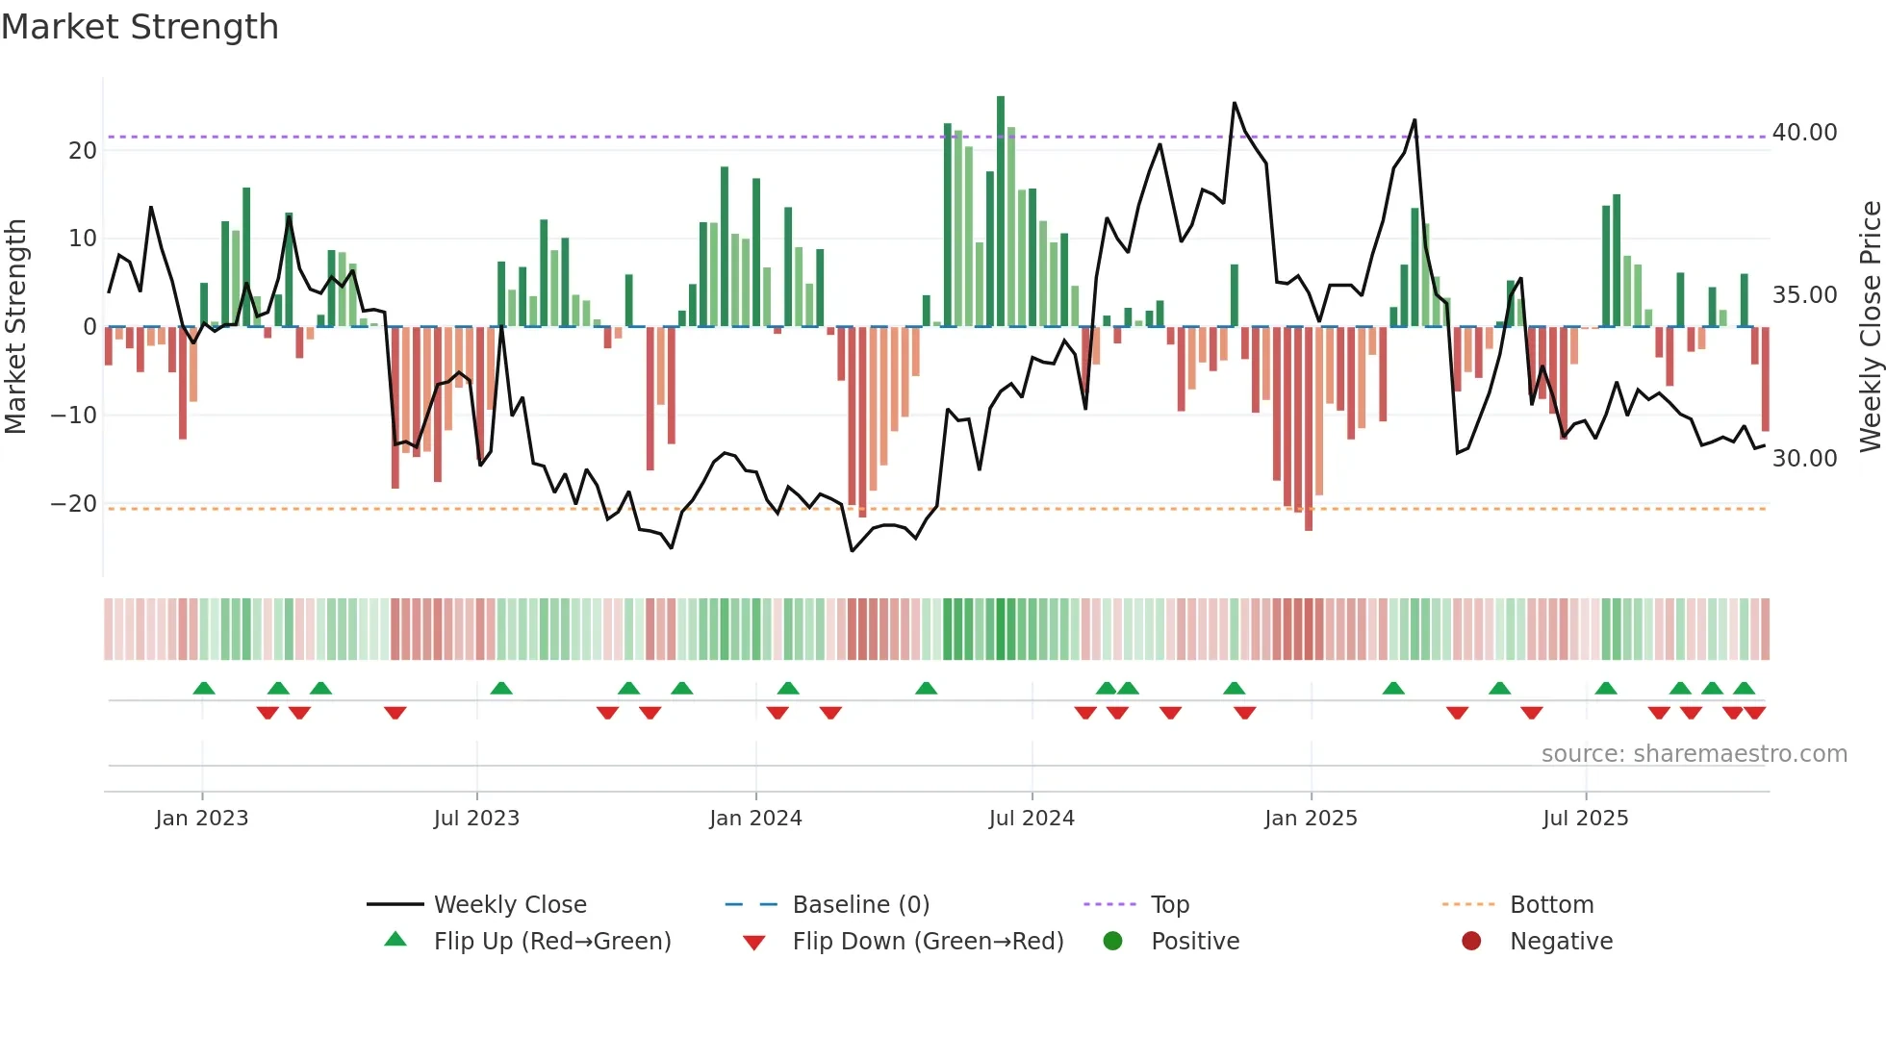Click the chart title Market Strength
pos(140,27)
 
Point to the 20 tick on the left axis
pos(83,151)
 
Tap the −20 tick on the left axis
pos(74,504)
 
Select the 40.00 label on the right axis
pos(1804,133)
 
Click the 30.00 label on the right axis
pos(1804,459)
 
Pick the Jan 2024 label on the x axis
pos(755,819)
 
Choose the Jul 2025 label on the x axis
pos(1585,819)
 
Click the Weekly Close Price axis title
pos(1870,327)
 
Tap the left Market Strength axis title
pos(15,327)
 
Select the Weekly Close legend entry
pos(510,905)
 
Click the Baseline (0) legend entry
pos(860,905)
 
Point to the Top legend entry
pos(1169,905)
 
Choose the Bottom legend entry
pos(1551,905)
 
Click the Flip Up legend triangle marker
pos(395,940)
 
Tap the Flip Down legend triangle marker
pos(754,943)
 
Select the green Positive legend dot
pos(1112,942)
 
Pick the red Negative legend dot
pos(1471,942)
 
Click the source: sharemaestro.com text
pos(1694,754)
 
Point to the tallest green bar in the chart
pos(1001,212)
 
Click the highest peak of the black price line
pos(1235,103)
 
